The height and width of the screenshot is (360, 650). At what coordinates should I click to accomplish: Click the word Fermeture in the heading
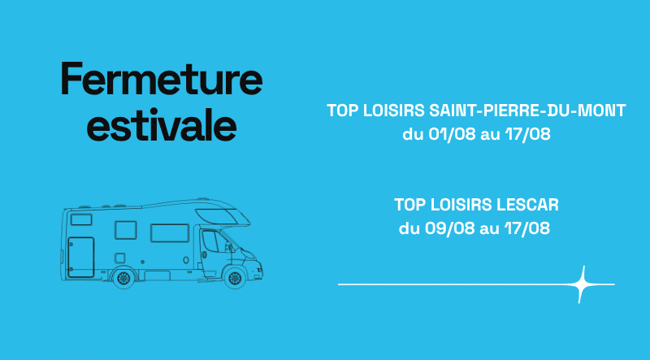click(162, 79)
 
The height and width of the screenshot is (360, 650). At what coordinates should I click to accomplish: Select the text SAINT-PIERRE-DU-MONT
click(527, 111)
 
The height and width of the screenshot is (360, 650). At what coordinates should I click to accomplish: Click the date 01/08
click(452, 134)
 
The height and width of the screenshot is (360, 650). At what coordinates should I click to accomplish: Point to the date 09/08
click(450, 228)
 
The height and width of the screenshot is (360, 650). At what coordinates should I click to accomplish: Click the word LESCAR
click(527, 205)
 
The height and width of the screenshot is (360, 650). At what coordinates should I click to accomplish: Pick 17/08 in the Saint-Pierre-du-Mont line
click(527, 134)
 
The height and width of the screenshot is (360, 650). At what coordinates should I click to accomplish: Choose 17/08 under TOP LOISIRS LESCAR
click(527, 228)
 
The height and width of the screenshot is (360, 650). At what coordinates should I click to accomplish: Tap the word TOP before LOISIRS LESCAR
click(410, 205)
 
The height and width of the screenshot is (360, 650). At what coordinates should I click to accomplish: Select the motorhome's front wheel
click(235, 278)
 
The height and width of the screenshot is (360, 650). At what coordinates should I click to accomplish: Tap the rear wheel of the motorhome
click(123, 278)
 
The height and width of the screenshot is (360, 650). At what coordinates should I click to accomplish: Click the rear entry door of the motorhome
click(80, 257)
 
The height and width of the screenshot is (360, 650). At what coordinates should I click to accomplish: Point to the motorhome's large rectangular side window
click(170, 233)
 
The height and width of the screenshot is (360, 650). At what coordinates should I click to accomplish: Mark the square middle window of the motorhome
click(126, 230)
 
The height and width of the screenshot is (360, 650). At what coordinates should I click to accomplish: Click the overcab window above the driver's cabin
click(219, 216)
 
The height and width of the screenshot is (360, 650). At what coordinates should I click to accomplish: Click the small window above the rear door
click(81, 219)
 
